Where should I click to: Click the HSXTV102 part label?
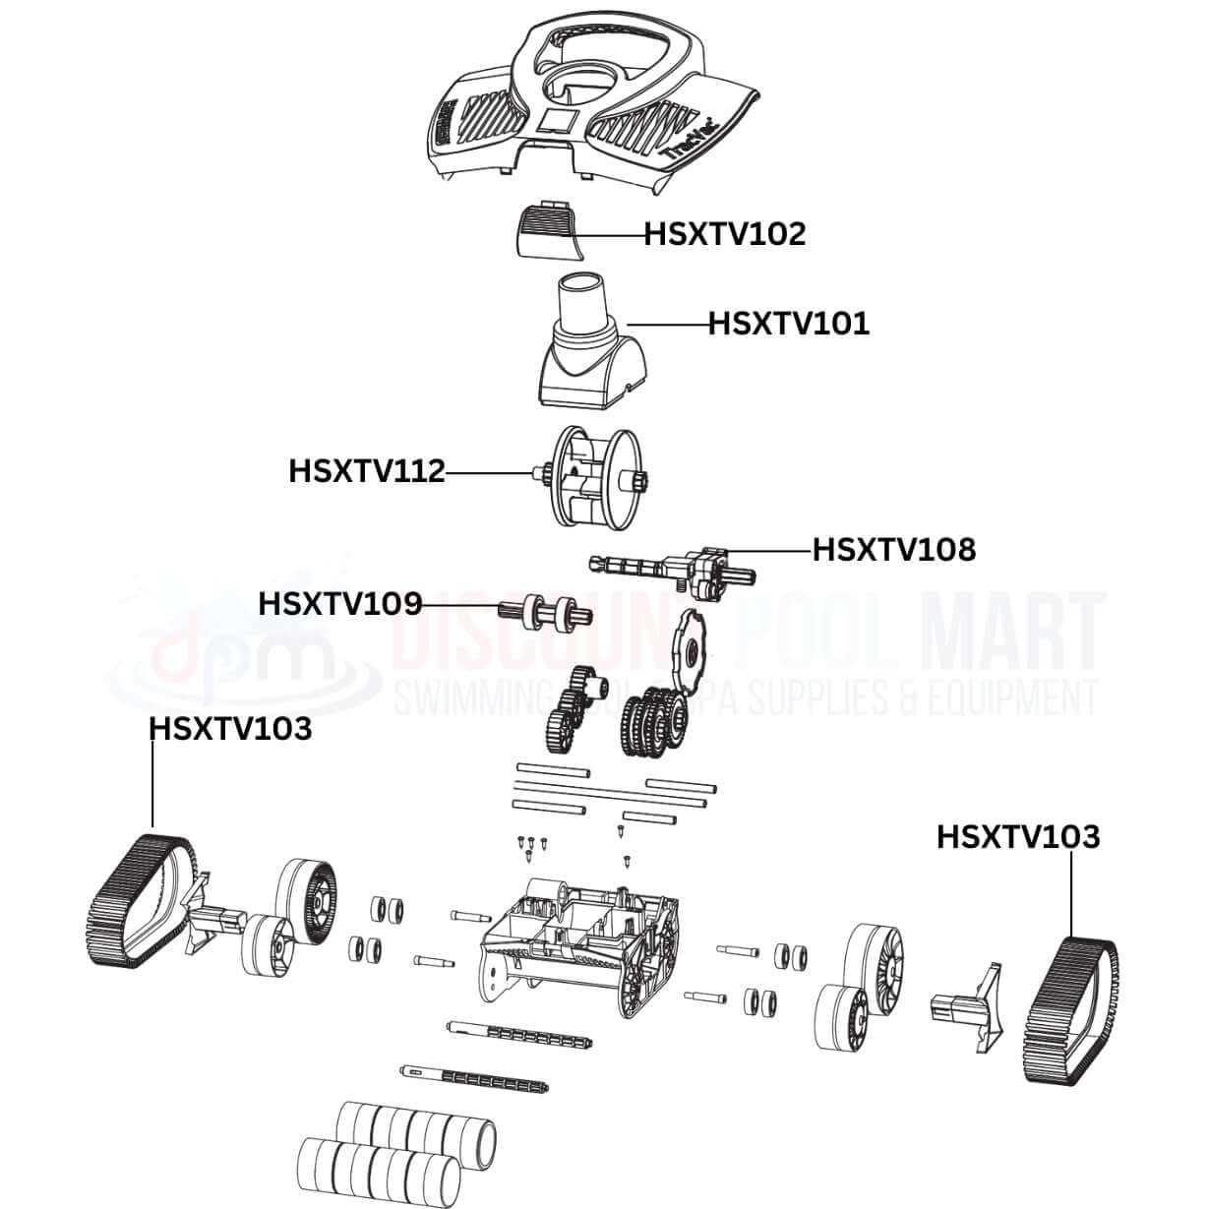[724, 234]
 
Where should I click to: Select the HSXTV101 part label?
[789, 324]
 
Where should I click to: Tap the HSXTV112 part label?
[366, 471]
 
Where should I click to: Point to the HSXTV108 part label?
[893, 549]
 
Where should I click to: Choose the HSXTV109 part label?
[339, 603]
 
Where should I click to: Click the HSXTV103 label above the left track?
[230, 729]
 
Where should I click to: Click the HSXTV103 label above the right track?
[1017, 837]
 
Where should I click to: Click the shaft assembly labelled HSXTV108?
[679, 572]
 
